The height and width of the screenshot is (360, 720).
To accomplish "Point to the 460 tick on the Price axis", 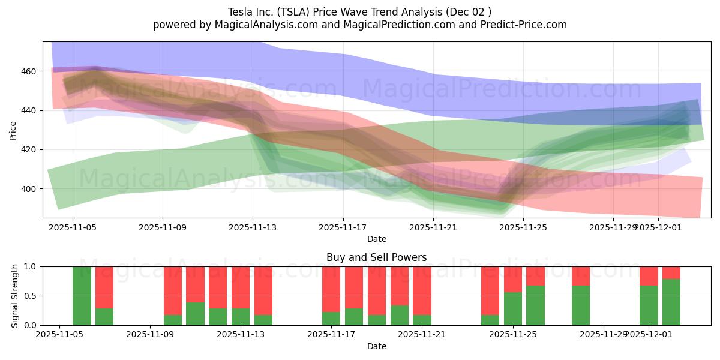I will [29, 71].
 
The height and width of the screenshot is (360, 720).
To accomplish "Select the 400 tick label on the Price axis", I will [29, 189].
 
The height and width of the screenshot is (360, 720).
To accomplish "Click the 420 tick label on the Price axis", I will [29, 150].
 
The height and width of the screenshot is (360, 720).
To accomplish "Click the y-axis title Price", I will [13, 130].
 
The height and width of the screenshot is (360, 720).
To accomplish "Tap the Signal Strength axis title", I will [15, 296].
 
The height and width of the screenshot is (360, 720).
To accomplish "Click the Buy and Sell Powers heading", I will [376, 257].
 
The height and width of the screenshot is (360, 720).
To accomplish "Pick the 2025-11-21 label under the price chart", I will [433, 227].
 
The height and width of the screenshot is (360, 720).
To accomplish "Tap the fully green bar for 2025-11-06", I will [82, 296].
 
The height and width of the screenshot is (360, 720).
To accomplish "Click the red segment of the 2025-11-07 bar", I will [104, 287].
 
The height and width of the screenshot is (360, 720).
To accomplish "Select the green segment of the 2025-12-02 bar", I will [671, 302].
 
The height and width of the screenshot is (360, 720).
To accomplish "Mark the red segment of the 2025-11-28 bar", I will [581, 275].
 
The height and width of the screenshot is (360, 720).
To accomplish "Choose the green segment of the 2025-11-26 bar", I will [535, 305].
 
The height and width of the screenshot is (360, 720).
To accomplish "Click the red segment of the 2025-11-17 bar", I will [331, 289].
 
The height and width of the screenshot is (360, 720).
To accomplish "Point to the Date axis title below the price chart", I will [376, 239].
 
